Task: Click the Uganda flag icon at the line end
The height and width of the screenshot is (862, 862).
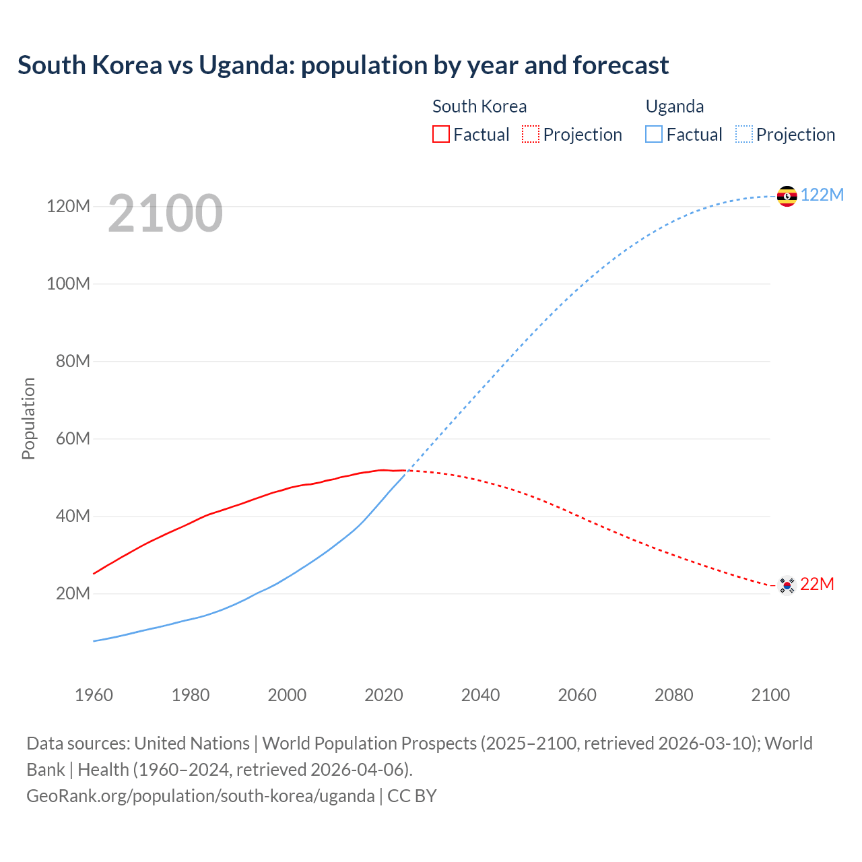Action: [x=787, y=196]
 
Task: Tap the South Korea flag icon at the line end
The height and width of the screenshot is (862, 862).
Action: [x=787, y=585]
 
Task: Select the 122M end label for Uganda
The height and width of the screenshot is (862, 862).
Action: [x=822, y=195]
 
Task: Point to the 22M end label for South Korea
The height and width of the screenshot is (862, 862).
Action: [x=817, y=584]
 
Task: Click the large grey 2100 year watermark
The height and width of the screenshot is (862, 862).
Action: [x=165, y=213]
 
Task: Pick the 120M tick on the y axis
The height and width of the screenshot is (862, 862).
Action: [x=68, y=206]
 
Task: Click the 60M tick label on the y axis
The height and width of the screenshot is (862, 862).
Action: [x=72, y=438]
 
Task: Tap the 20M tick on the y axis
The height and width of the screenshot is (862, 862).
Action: [x=72, y=593]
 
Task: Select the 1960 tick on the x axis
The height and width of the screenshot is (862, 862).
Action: [x=94, y=695]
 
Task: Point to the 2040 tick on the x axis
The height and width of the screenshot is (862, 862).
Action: [x=480, y=695]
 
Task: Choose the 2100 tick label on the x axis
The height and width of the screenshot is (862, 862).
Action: [x=770, y=695]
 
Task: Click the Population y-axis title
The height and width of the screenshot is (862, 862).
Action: [x=28, y=418]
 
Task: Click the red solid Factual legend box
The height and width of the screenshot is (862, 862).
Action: [x=440, y=134]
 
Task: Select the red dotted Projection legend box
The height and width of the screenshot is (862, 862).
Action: [x=531, y=134]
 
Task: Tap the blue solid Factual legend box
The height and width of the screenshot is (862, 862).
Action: [x=653, y=134]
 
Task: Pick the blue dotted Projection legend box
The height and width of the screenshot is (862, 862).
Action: [x=743, y=134]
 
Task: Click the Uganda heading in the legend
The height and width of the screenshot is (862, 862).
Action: [x=674, y=106]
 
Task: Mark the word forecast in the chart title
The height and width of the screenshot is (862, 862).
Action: [x=620, y=65]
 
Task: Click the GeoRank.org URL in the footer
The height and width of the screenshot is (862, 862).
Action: [x=200, y=795]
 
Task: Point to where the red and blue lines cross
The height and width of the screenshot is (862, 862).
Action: [x=407, y=471]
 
